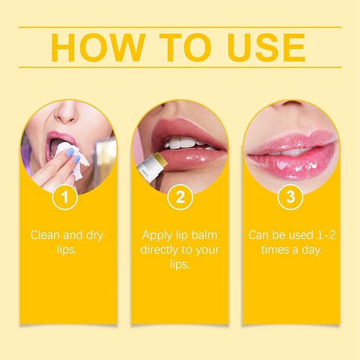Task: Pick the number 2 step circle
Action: click(180, 198)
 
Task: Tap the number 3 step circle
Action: click(291, 198)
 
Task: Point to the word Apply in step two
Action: click(159, 234)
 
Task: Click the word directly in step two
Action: click(163, 249)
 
